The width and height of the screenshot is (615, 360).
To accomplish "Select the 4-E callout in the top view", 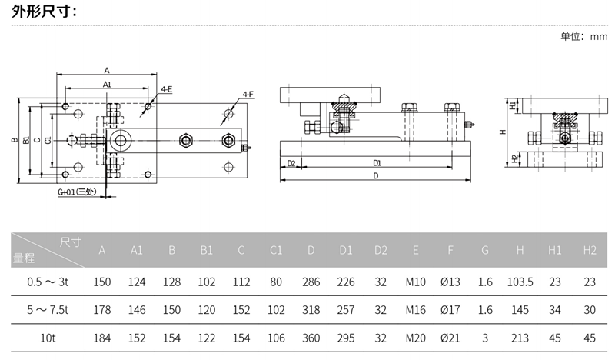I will coord(166,89).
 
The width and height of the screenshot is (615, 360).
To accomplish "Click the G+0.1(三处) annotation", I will coord(76,192).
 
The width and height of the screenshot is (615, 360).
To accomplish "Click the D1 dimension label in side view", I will coord(377,162).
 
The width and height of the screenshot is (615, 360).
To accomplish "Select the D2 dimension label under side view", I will coord(291,162).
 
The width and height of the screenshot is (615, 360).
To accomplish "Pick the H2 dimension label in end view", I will coord(514,158).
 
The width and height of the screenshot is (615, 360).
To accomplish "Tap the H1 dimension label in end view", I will coord(514,104).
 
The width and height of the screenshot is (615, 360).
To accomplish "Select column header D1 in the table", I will coord(346,250).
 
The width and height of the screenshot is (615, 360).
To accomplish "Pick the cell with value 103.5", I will coord(520,282).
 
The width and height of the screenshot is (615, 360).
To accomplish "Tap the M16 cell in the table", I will coord(416,311).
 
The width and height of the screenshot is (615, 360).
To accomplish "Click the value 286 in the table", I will coord(311,282).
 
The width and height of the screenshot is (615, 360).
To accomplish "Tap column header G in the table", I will coord(484,250).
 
